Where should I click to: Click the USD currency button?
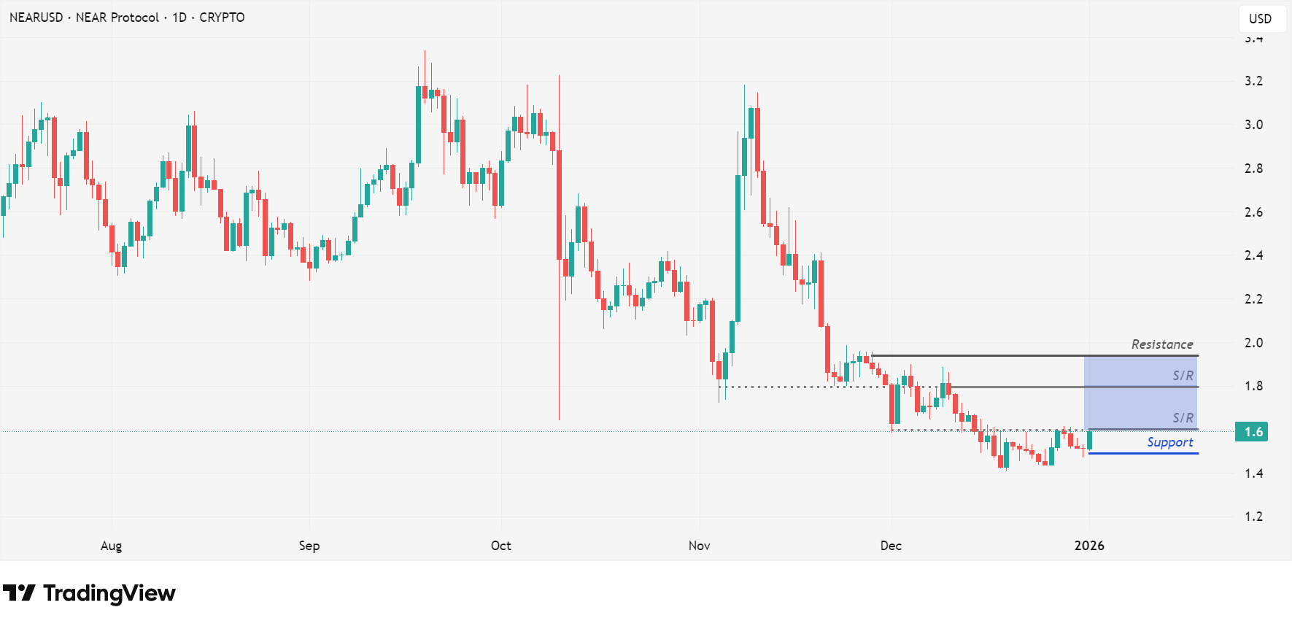click(x=1261, y=19)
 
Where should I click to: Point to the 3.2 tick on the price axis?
click(x=1253, y=81)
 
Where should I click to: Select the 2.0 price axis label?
click(x=1253, y=343)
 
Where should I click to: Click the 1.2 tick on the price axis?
click(x=1253, y=517)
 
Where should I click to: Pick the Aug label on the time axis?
click(x=111, y=546)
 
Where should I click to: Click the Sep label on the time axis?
click(x=309, y=546)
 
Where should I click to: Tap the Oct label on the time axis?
click(x=501, y=546)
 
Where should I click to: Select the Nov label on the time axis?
click(x=699, y=546)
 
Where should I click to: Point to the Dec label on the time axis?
click(x=891, y=546)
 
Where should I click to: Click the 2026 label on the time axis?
click(x=1089, y=546)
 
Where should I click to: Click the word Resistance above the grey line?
click(x=1162, y=344)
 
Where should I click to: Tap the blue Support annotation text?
click(x=1170, y=442)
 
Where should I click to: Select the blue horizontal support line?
click(x=1143, y=454)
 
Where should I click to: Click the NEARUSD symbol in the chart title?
click(x=36, y=18)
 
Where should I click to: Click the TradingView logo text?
click(x=109, y=593)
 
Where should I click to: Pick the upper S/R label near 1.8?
click(x=1183, y=376)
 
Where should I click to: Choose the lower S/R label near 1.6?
click(x=1183, y=418)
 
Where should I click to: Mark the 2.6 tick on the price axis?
click(x=1253, y=212)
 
